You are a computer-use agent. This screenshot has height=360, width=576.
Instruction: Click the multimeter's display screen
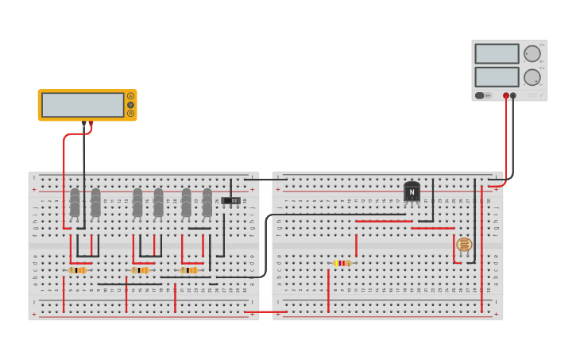click(x=83, y=105)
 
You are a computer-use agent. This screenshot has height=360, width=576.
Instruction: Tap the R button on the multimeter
click(x=130, y=114)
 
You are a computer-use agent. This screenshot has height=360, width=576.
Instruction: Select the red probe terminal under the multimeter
click(x=91, y=123)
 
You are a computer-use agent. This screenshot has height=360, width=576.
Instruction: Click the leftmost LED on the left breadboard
click(x=75, y=202)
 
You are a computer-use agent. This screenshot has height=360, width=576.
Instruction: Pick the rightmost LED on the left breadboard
click(x=207, y=202)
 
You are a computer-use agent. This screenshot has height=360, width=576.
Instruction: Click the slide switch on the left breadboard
click(x=230, y=200)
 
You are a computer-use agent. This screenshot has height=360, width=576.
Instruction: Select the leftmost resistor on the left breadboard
click(x=77, y=270)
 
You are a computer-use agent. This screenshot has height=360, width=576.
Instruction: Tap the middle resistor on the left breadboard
click(x=140, y=270)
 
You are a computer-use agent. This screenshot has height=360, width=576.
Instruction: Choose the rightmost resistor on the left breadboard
click(x=188, y=270)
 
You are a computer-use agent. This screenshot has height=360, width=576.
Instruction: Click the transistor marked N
click(x=412, y=192)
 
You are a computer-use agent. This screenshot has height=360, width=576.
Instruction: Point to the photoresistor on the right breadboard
click(x=464, y=245)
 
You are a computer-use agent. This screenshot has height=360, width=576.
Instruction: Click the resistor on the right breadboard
click(x=342, y=263)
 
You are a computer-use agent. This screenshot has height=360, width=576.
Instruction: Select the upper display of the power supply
click(x=497, y=53)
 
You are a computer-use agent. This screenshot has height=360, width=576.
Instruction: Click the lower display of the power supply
click(x=497, y=77)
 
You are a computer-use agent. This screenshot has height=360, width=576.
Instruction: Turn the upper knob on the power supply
click(x=532, y=53)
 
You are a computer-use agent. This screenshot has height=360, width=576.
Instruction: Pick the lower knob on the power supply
click(x=532, y=77)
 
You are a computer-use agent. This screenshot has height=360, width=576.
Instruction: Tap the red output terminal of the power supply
click(x=506, y=95)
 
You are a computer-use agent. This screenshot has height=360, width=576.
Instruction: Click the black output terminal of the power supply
click(x=513, y=95)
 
